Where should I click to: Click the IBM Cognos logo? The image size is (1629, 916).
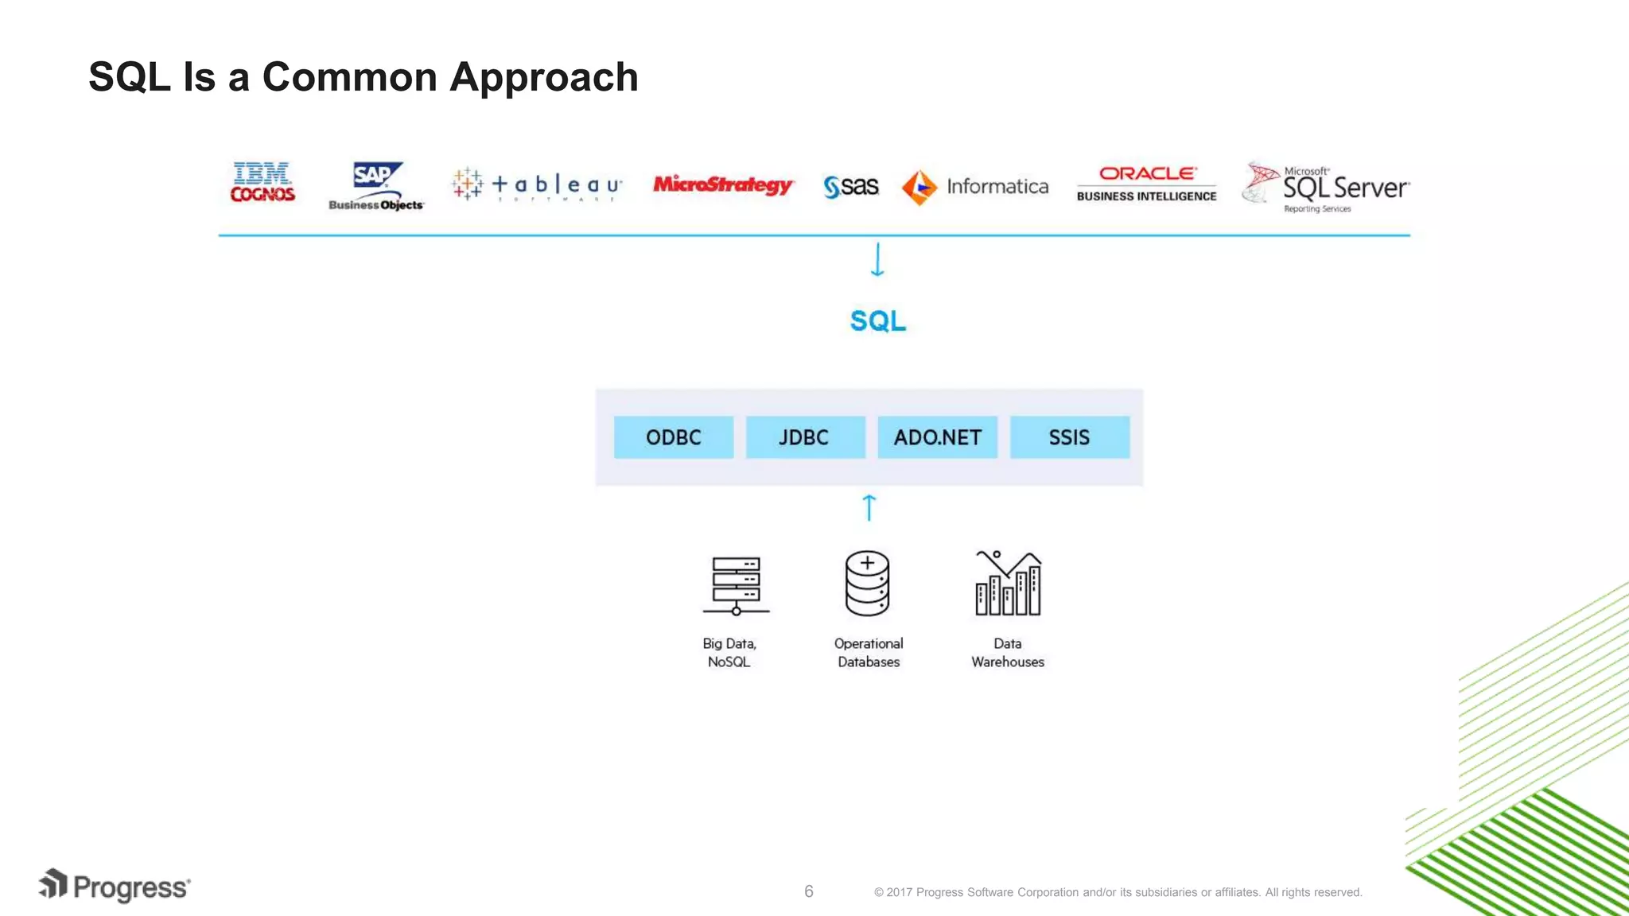[x=262, y=183]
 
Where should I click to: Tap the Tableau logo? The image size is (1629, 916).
[x=537, y=185]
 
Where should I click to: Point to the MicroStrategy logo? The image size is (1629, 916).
[x=722, y=184]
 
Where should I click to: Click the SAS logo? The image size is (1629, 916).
[x=851, y=187]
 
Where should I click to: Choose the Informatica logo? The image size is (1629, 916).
[x=975, y=187]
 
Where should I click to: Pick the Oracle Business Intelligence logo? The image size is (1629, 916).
[x=1146, y=184]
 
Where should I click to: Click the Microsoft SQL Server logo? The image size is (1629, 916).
[x=1326, y=188]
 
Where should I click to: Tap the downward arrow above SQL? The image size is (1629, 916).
[x=877, y=260]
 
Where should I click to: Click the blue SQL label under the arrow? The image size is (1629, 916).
[x=877, y=321]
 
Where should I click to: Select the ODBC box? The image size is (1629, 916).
[x=674, y=437]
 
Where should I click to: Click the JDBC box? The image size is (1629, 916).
[x=805, y=437]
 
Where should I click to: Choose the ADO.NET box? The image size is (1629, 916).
[x=937, y=437]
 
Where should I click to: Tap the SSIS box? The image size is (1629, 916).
[x=1069, y=437]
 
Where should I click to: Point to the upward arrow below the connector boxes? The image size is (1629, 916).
[x=869, y=507]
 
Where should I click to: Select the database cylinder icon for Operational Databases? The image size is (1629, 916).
[x=867, y=584]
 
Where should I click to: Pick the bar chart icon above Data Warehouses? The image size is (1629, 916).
[x=1008, y=584]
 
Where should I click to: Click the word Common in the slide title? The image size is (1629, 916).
[x=349, y=77]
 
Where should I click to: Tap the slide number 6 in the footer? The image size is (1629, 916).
[x=809, y=891]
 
